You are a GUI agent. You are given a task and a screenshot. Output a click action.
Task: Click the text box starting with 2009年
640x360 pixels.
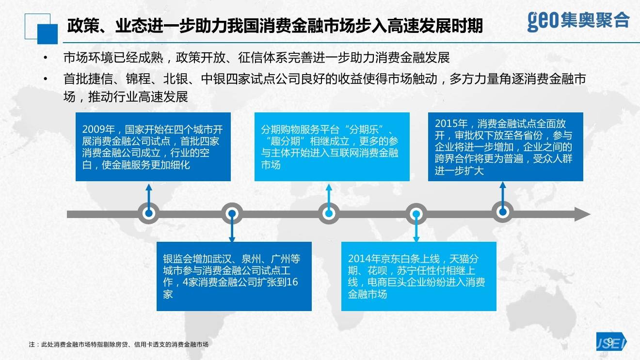tap(153, 147)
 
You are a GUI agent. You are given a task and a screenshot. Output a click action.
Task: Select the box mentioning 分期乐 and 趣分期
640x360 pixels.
tap(332, 147)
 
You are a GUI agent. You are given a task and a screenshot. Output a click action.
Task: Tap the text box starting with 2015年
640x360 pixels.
tap(505, 147)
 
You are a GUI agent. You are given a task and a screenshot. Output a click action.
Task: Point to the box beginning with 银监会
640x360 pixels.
tap(234, 276)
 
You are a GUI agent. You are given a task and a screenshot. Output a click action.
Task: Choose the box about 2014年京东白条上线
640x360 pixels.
tap(419, 276)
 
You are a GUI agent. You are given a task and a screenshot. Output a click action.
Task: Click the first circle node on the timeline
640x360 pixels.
tap(149, 213)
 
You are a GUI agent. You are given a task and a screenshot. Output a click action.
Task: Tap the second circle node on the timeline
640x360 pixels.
tap(232, 213)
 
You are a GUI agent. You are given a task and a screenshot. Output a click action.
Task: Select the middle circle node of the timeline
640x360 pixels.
tap(329, 213)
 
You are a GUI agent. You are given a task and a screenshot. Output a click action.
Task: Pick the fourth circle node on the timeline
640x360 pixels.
tap(416, 213)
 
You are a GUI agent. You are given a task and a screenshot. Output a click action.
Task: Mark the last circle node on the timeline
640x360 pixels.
tap(503, 212)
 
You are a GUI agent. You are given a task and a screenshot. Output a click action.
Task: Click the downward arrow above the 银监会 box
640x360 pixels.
tap(232, 233)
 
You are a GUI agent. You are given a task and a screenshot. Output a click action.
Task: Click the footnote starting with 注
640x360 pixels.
tap(118, 344)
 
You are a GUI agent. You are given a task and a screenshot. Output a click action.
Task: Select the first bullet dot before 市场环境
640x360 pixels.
tap(45, 58)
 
